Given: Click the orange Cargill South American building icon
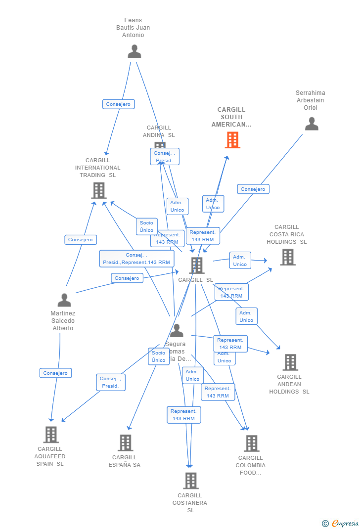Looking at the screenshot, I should pos(232,140).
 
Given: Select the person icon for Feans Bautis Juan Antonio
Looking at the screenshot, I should pos(135,51).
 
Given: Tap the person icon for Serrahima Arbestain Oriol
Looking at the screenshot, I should pos(312,124).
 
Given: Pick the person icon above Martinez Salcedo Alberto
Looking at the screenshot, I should pos(64,300).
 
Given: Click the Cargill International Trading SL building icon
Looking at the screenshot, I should pos(99,190).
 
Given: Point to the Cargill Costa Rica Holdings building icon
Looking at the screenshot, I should pos(288,257).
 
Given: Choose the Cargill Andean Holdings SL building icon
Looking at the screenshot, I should pos(290,362).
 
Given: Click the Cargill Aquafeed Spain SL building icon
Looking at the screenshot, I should pos(51,435).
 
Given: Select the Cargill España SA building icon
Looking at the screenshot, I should pos(126,443).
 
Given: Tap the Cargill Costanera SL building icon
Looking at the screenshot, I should pos(190,481).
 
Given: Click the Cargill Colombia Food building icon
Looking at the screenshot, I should pos(251,443).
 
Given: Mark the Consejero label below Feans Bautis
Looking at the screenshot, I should pos(119,104).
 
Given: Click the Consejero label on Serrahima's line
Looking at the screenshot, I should pos(253,189).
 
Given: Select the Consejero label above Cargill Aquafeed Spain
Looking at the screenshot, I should pos(55,373).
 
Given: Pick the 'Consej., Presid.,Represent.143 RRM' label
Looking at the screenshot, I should pos(136,259).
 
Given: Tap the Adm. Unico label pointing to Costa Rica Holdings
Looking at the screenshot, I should pos(240,261).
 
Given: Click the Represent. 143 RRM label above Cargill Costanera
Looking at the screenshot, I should pos(183,415).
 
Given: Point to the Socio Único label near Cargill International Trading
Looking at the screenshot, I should pos(146,226).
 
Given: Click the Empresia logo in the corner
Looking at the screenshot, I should pos(341,523).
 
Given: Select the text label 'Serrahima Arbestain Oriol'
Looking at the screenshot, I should pos(311,100).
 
